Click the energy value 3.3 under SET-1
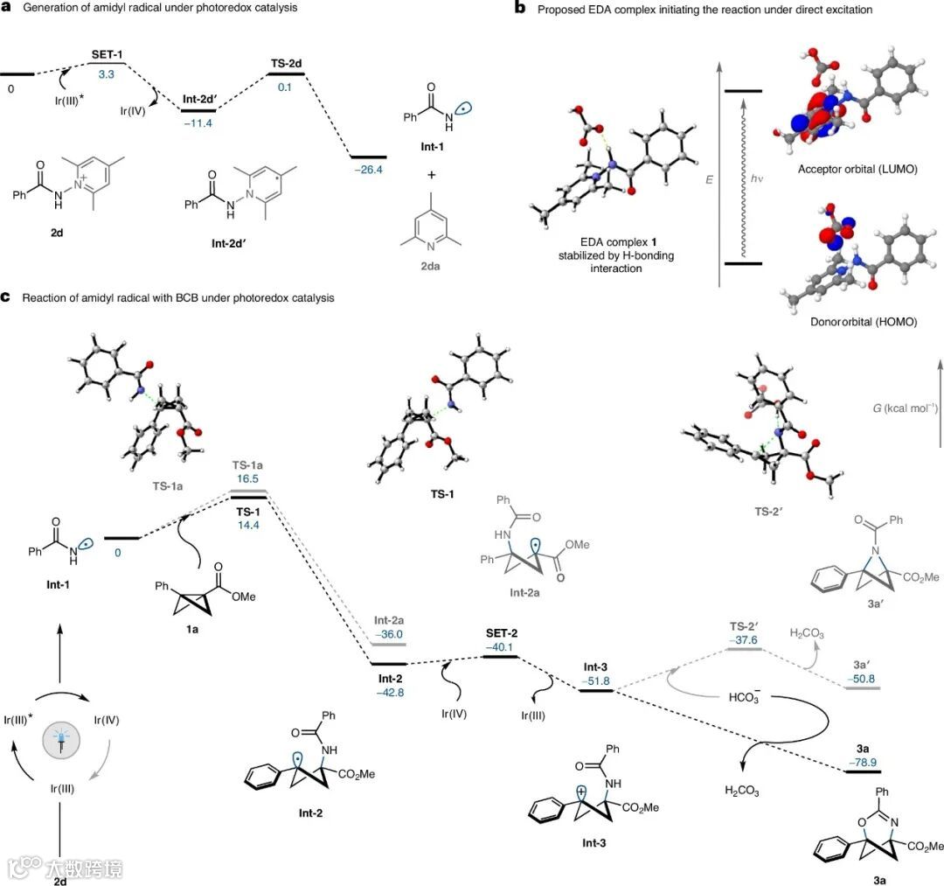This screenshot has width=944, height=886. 106,75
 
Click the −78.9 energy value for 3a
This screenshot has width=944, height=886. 859,762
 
